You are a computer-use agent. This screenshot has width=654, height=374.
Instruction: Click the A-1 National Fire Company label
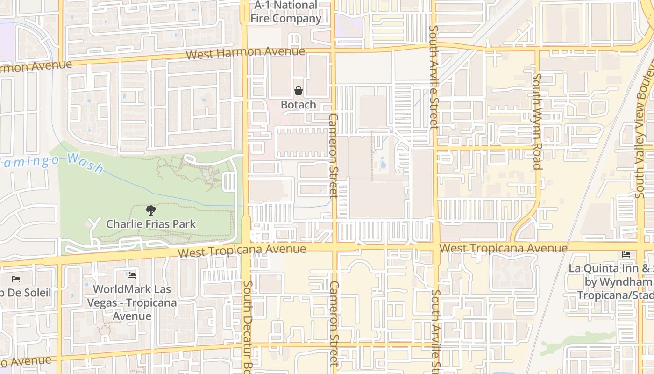[286, 12]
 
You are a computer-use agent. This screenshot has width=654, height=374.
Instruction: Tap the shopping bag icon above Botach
[298, 91]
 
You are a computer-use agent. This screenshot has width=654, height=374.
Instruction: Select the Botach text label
[298, 105]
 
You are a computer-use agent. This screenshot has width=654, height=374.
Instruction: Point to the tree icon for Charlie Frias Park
[150, 210]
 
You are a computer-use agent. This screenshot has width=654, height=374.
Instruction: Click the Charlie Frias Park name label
[151, 224]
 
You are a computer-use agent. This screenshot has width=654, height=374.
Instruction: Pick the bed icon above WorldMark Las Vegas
[132, 275]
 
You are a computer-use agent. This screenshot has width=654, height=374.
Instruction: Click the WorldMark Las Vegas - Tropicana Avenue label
[132, 302]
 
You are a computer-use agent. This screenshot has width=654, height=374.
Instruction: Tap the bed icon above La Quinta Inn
[626, 254]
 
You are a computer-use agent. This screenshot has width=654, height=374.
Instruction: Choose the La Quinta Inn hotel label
[612, 282]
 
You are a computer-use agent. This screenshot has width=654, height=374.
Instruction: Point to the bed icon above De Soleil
[16, 279]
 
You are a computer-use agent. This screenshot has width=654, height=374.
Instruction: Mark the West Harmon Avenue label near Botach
[245, 52]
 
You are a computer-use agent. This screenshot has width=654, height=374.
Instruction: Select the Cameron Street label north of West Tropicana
[333, 155]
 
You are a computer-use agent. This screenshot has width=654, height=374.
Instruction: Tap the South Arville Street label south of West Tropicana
[435, 327]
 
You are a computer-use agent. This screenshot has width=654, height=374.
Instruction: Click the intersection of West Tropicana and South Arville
[435, 246]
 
